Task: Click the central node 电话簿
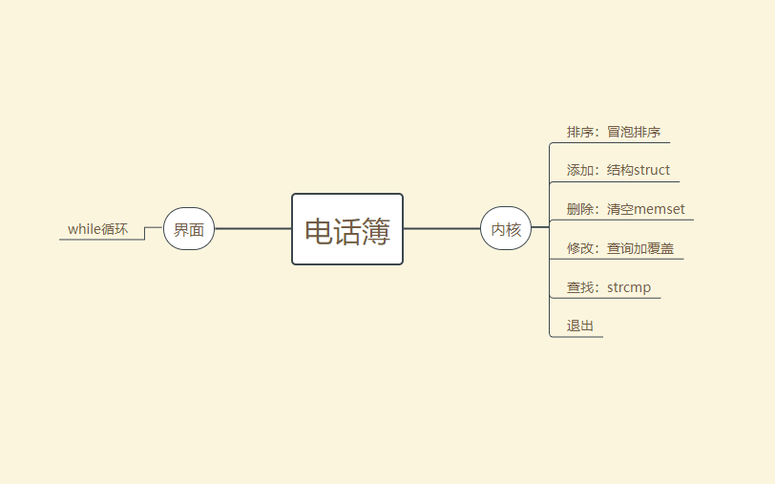(x=347, y=229)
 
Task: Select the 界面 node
(x=189, y=229)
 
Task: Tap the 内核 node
(x=506, y=229)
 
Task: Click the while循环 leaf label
(x=97, y=229)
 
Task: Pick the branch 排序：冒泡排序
(x=614, y=132)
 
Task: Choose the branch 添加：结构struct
(x=618, y=170)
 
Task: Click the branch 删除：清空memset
(x=625, y=209)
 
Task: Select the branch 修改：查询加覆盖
(x=619, y=248)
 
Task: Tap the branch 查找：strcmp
(x=608, y=287)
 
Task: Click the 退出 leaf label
(x=580, y=326)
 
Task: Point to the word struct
(x=652, y=170)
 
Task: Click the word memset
(x=660, y=209)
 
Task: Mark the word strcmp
(x=629, y=287)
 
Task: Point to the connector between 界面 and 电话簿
(x=253, y=229)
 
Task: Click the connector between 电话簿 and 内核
(x=442, y=229)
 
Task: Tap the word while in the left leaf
(x=85, y=229)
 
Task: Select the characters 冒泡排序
(x=634, y=132)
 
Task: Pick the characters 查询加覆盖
(x=639, y=248)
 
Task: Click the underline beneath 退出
(x=577, y=337)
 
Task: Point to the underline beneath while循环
(x=100, y=240)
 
